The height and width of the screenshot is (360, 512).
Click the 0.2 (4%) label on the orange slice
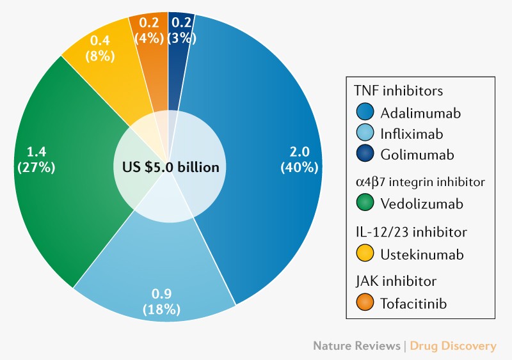point(148,30)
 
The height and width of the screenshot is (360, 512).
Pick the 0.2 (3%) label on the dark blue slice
point(181,30)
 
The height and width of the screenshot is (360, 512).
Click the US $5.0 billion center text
point(170,168)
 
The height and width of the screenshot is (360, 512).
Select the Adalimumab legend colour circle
point(365,113)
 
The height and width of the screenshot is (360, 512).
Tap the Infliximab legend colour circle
point(365,134)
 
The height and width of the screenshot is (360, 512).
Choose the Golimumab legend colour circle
point(365,155)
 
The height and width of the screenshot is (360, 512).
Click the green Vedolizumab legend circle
point(365,204)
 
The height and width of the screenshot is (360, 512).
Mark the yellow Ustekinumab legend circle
point(365,254)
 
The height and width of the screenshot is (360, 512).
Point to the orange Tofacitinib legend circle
point(365,303)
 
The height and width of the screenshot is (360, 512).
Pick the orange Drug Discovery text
point(453,346)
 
